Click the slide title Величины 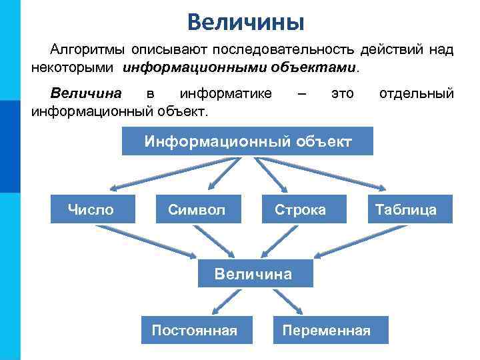[x=245, y=21]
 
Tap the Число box [x=91, y=209]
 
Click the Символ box [x=196, y=209]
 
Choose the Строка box [x=301, y=209]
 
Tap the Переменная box [x=326, y=331]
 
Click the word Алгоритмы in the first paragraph [x=87, y=50]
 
